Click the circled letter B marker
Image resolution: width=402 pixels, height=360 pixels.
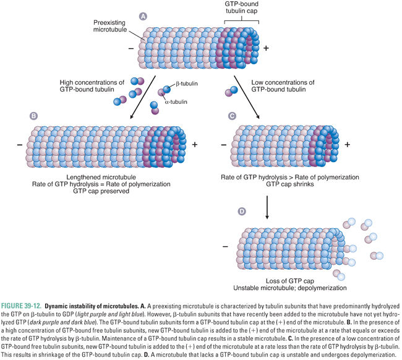33,116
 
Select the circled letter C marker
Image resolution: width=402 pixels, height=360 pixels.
232,116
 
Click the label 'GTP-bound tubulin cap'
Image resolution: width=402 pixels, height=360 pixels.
243,8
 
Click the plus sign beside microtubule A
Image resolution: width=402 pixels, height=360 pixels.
266,48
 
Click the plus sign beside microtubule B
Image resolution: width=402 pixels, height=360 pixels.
195,144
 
